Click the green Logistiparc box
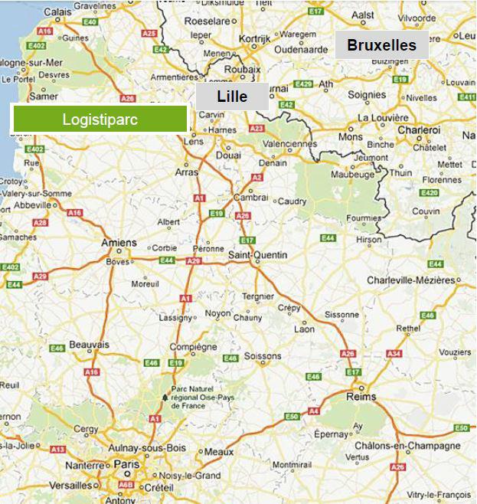[100, 119]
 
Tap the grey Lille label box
[232, 97]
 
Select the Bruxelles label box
[381, 45]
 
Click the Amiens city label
[119, 243]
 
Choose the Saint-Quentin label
[258, 254]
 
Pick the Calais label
[57, 12]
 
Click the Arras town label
[186, 173]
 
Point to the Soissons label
[263, 356]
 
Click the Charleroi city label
[419, 130]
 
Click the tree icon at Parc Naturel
[163, 398]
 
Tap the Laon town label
[304, 329]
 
